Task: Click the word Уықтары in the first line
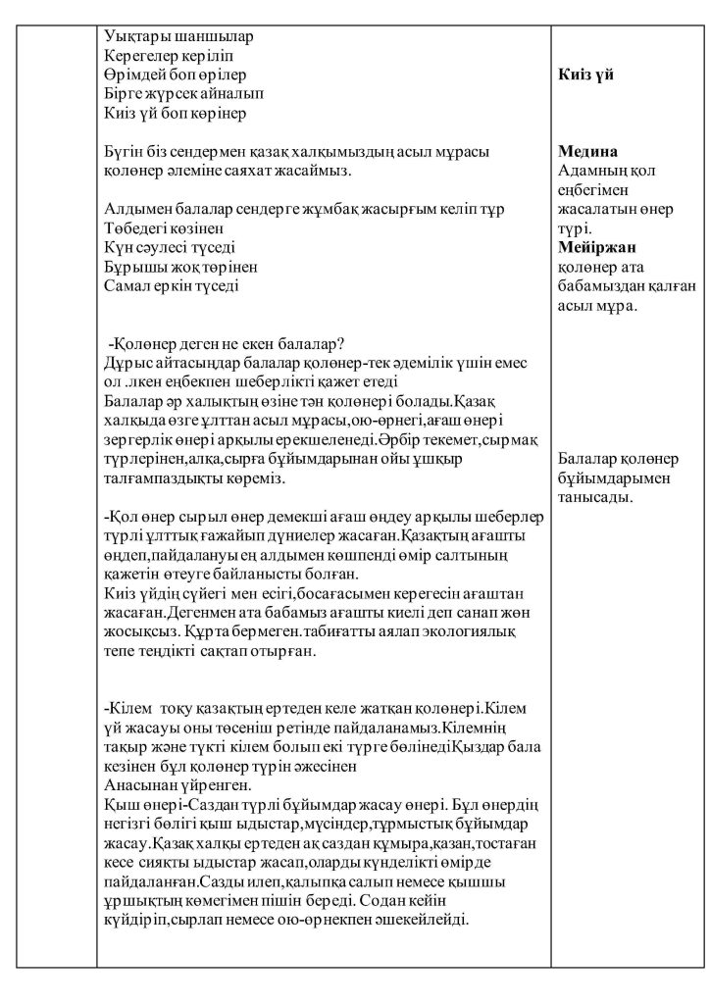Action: click(x=132, y=37)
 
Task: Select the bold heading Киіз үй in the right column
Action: click(x=585, y=75)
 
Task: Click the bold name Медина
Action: click(x=587, y=152)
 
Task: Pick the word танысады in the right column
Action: click(x=593, y=497)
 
